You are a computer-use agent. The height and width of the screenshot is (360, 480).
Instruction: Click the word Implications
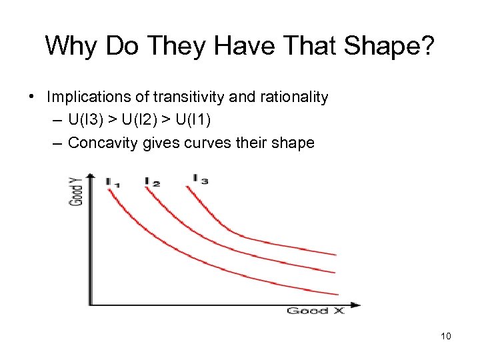tap(87, 97)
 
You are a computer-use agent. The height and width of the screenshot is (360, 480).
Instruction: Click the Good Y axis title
tap(78, 189)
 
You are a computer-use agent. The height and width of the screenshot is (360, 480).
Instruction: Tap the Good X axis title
tap(315, 311)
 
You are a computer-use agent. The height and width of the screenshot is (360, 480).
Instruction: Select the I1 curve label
tap(112, 182)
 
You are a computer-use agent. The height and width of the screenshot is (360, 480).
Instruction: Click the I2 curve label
tap(152, 181)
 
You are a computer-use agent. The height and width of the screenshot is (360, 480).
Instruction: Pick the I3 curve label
tap(200, 179)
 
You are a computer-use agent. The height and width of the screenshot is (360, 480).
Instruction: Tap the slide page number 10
tap(446, 336)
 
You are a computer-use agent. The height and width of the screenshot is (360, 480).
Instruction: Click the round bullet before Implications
tap(33, 97)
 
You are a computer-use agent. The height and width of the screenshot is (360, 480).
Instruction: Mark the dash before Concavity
tap(57, 143)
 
